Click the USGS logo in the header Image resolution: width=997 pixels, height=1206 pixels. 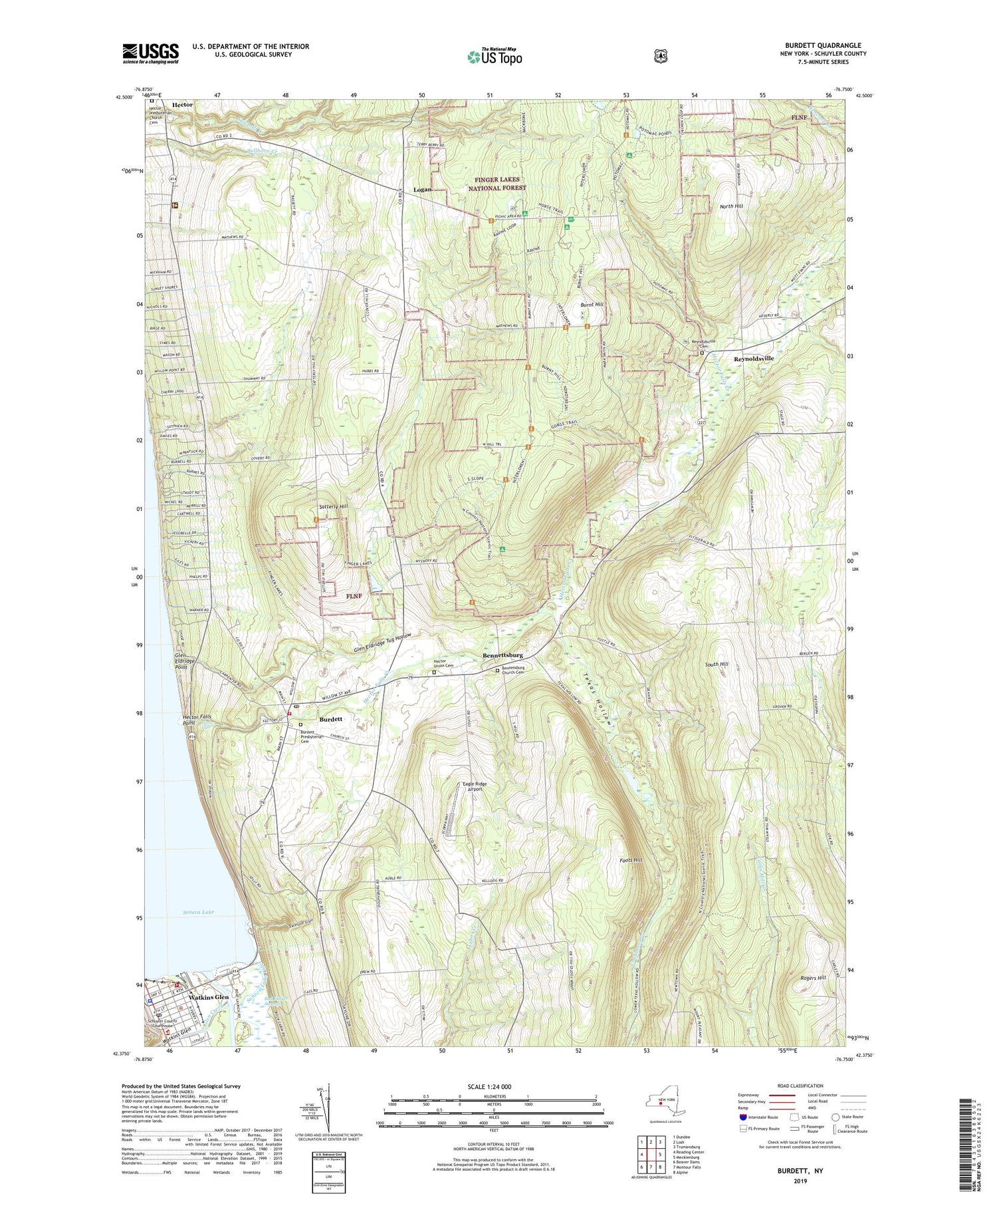pos(150,53)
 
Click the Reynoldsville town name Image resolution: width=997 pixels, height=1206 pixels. pos(754,359)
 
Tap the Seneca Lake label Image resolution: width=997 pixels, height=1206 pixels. pos(199,912)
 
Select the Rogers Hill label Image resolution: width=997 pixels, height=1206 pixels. pos(812,978)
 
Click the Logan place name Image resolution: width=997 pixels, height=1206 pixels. pos(422,190)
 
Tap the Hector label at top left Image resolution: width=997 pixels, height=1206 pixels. pos(182,104)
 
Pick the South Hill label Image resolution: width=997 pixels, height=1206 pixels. pos(717,665)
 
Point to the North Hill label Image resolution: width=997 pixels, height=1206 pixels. pos(731,206)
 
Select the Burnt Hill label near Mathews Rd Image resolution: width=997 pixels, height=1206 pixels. pos(592,304)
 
